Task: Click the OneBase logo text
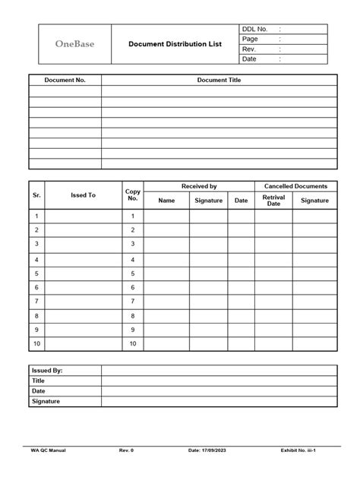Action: [x=74, y=44]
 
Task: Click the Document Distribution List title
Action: [x=175, y=44]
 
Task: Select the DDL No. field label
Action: [x=255, y=29]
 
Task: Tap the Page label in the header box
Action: [x=250, y=39]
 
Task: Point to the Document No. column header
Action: [x=65, y=80]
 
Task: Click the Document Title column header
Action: [x=219, y=80]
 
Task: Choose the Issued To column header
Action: [x=83, y=195]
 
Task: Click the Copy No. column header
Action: [x=133, y=195]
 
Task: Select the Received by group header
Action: [x=199, y=186]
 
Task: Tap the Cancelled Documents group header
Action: [x=295, y=186]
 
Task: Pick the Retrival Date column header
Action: [x=273, y=201]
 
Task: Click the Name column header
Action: [x=166, y=201]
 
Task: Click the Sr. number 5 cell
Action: [x=36, y=273]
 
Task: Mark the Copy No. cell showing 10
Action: [x=133, y=344]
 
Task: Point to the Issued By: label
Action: [x=47, y=371]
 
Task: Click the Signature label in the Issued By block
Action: [x=46, y=401]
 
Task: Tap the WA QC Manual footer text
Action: [x=48, y=450]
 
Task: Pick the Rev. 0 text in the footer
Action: [x=126, y=450]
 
